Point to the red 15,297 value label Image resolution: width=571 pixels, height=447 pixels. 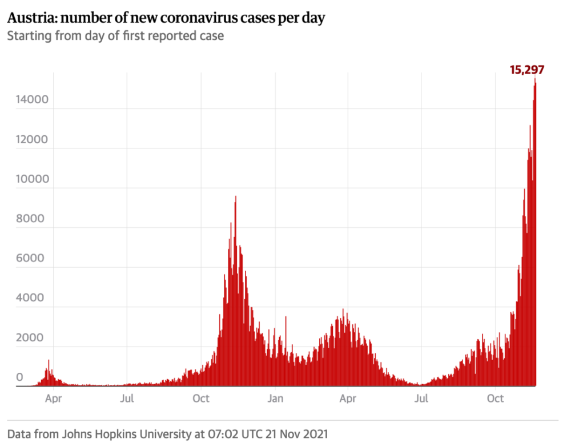click(x=526, y=70)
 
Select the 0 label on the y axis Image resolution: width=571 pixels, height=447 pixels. click(x=19, y=377)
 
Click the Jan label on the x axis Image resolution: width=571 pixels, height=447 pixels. click(x=276, y=398)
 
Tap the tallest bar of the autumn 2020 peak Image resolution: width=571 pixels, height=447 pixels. click(x=235, y=197)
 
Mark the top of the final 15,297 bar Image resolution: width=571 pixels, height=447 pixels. click(x=535, y=80)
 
